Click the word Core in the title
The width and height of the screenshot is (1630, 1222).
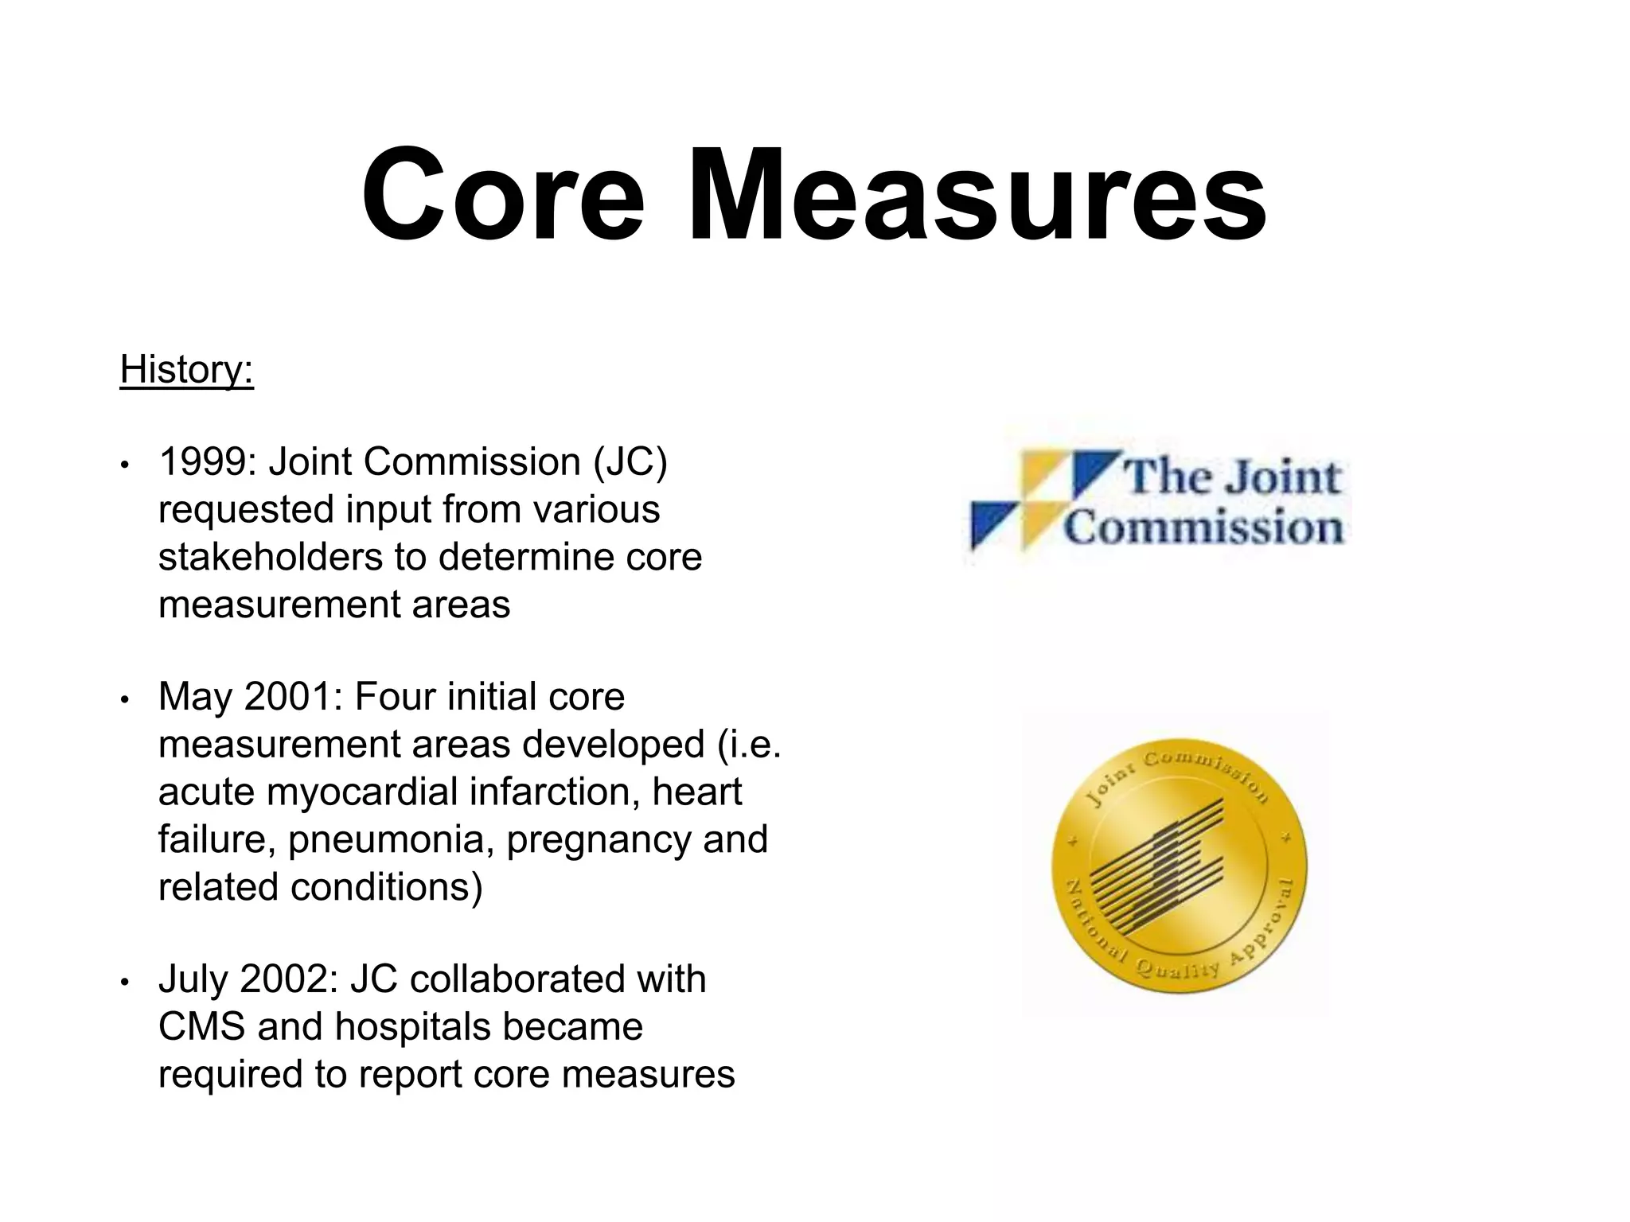click(x=503, y=195)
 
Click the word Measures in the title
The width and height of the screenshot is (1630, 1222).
click(x=977, y=195)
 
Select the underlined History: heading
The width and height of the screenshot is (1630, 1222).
click(x=186, y=370)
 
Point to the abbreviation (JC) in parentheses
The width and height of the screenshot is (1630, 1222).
click(x=630, y=462)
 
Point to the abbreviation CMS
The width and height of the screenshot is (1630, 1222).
click(x=201, y=1027)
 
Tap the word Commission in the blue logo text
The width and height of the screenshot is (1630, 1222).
click(x=1203, y=527)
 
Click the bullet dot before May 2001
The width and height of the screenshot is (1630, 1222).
click(x=124, y=699)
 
